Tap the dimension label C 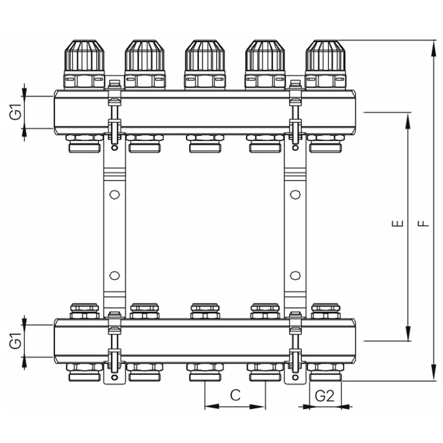[x=235, y=395]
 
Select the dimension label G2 [x=324, y=395]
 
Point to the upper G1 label [x=17, y=112]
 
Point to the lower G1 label [x=17, y=341]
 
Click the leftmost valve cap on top [x=84, y=56]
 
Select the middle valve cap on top [x=205, y=56]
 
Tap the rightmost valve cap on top [x=325, y=56]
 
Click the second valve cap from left [x=145, y=56]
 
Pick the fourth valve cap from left [x=265, y=56]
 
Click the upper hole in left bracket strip [x=114, y=195]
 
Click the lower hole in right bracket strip [x=295, y=275]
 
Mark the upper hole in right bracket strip [x=295, y=195]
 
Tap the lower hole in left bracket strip [x=114, y=275]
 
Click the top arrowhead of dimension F [x=433, y=47]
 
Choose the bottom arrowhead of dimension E [x=408, y=334]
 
